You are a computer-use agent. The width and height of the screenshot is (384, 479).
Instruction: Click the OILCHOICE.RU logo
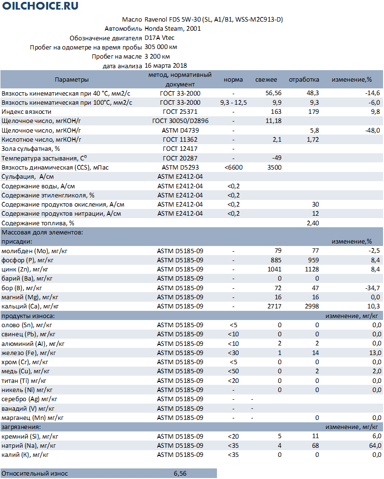[40, 6]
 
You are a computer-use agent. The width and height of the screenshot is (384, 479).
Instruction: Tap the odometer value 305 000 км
[161, 47]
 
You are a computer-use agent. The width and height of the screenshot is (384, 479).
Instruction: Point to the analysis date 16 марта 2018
[166, 66]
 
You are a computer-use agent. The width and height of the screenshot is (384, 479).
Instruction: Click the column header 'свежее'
[266, 80]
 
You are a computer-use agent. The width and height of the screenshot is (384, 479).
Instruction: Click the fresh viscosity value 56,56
[273, 93]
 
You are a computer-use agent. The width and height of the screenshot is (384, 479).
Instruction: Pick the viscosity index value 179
[313, 111]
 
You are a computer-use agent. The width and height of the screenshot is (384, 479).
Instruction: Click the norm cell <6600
[233, 167]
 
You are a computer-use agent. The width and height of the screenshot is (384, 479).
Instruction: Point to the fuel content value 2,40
[312, 223]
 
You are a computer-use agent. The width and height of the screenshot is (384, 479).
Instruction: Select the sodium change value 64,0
[374, 445]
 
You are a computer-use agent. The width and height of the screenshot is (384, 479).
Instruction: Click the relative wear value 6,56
[180, 474]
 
